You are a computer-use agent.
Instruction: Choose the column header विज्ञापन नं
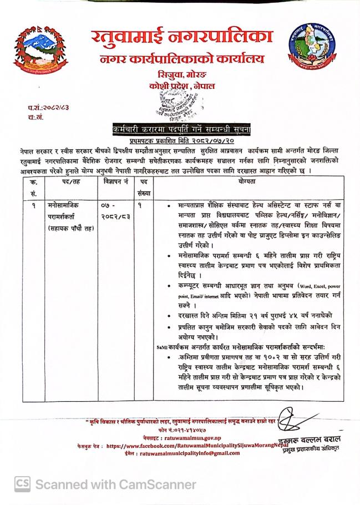(x=115, y=182)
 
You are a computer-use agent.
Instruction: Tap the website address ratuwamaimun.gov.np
(x=192, y=438)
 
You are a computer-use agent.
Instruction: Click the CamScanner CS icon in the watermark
(x=23, y=484)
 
